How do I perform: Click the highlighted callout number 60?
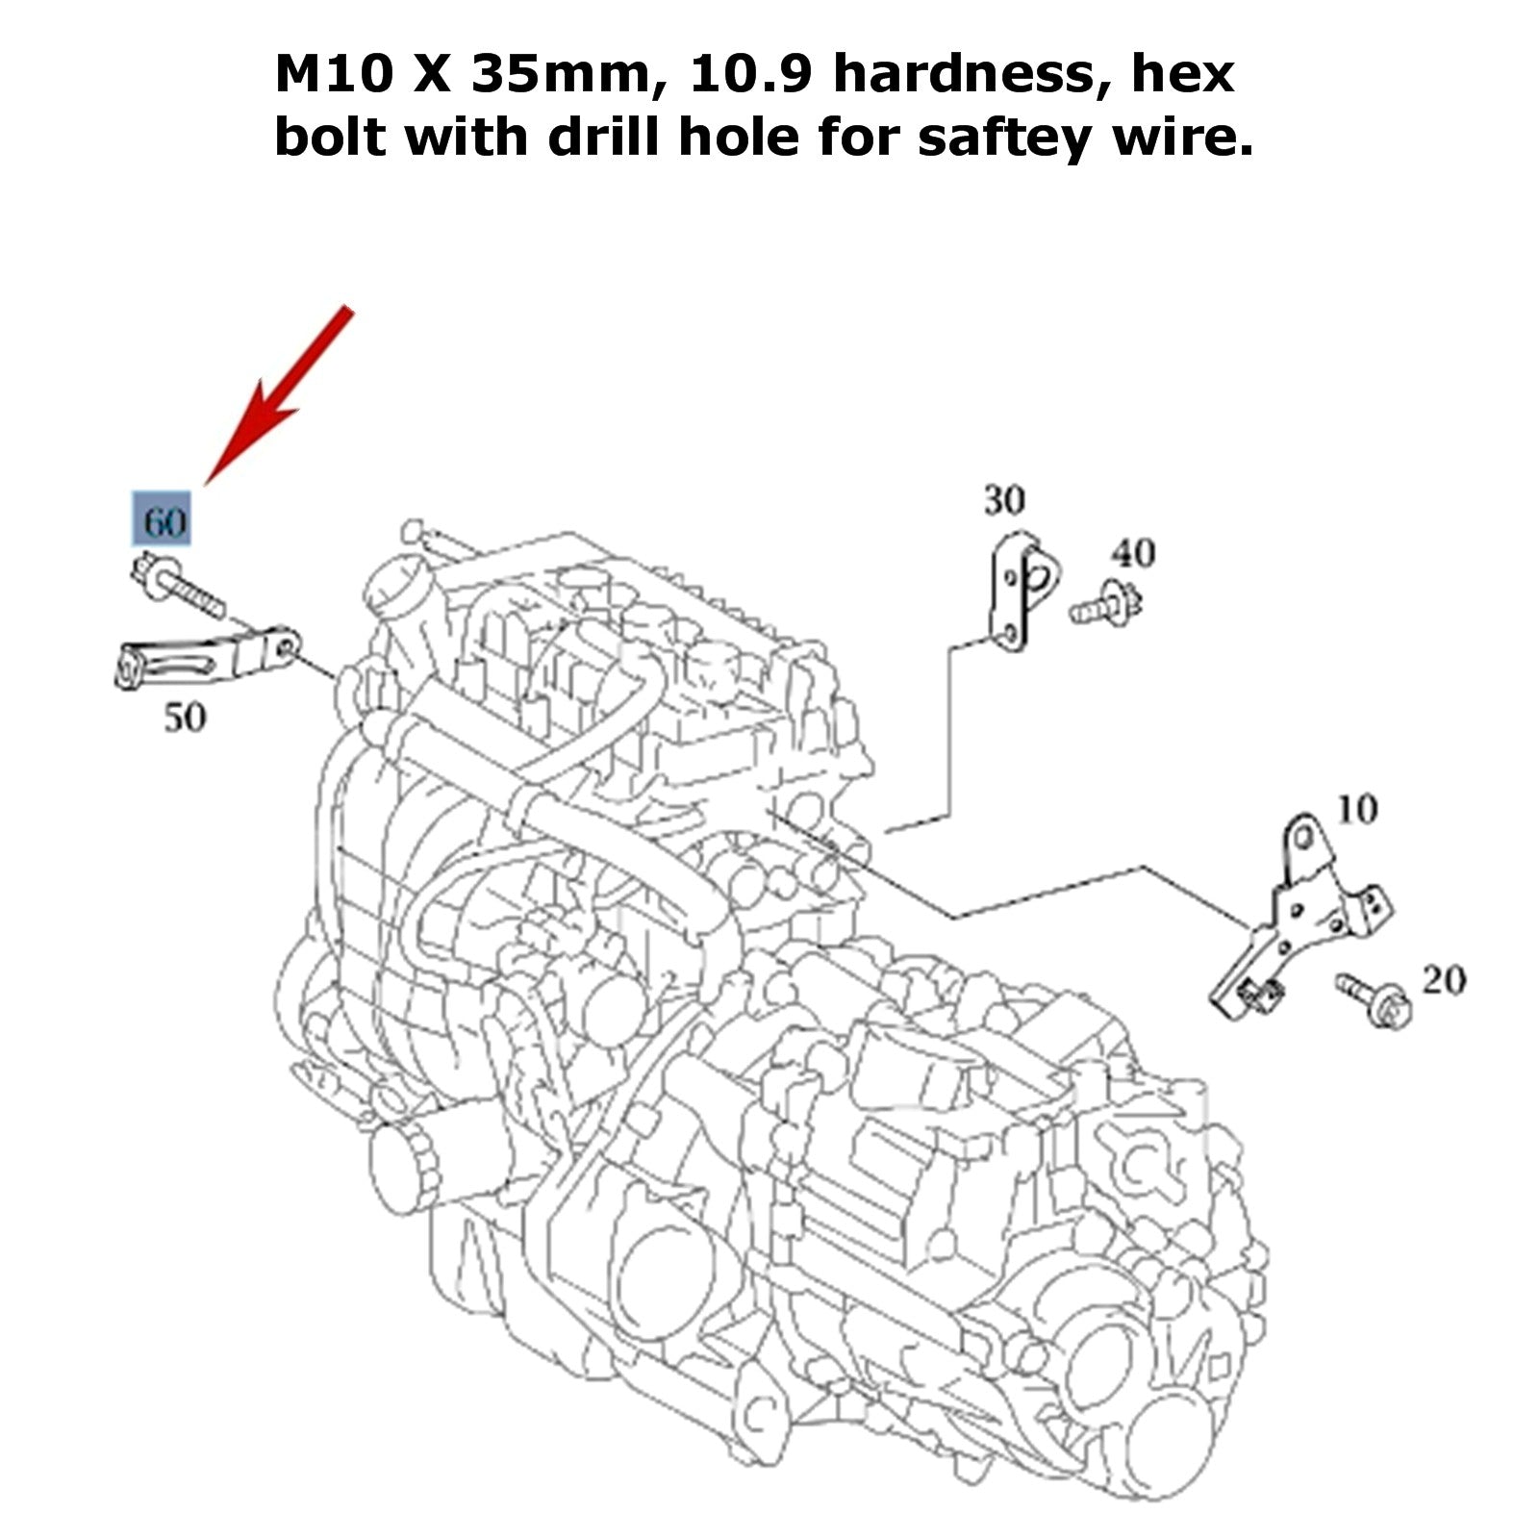[x=162, y=519]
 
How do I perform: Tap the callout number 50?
[x=184, y=718]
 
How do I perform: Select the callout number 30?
[x=1003, y=500]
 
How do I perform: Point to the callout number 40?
[x=1133, y=553]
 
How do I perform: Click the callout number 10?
[x=1356, y=810]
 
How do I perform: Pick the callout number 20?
[x=1443, y=980]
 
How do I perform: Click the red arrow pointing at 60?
[x=278, y=394]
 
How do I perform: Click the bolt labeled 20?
[x=1373, y=999]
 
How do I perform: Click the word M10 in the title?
[x=334, y=74]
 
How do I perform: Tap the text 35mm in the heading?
[x=568, y=76]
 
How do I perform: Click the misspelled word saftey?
[x=1012, y=139]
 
